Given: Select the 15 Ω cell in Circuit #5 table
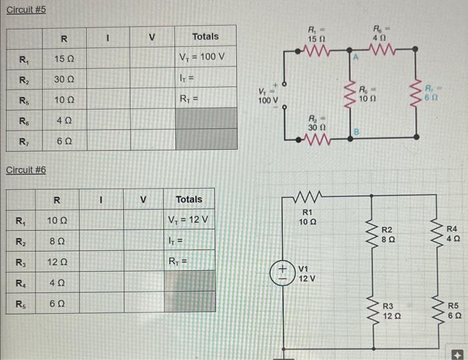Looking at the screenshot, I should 64,59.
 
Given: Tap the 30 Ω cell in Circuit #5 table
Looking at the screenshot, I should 64,80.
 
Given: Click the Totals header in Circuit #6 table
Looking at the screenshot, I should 189,199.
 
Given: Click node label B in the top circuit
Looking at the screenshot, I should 357,132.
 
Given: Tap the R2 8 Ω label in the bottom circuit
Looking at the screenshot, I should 390,234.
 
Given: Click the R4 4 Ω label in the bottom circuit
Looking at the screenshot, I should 453,234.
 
